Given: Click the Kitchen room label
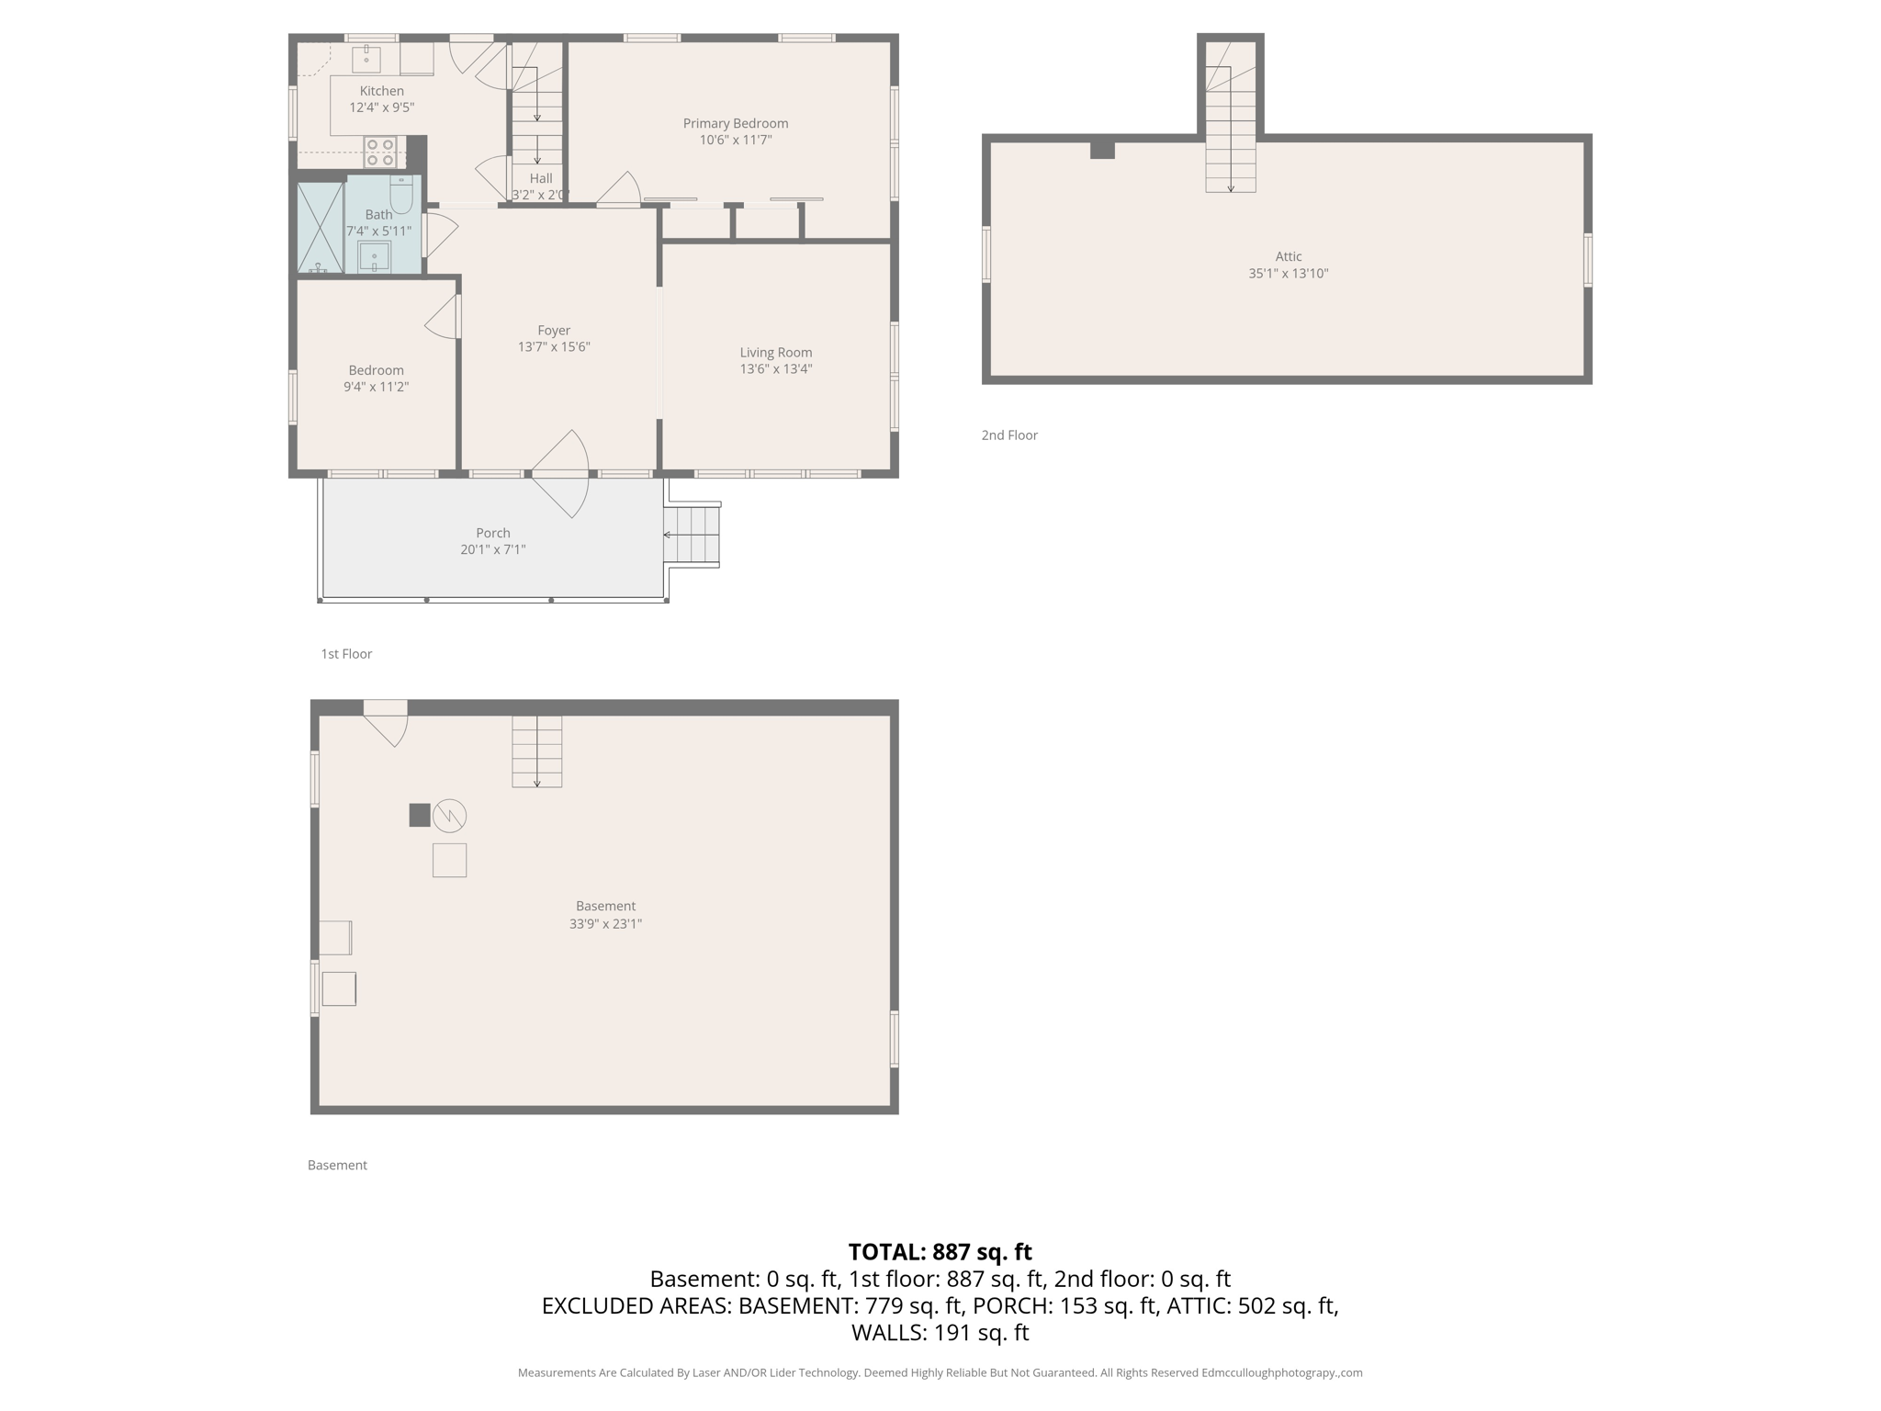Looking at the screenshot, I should [381, 91].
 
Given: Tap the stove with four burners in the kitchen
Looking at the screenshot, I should [380, 152].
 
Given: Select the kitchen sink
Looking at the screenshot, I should [366, 58].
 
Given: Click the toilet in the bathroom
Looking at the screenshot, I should [401, 194].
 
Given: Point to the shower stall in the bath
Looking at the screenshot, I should [320, 228].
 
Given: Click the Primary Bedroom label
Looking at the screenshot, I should [735, 123].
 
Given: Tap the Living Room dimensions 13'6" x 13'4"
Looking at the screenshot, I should [776, 369].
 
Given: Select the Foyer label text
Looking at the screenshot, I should [554, 331].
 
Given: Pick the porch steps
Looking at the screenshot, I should [693, 535].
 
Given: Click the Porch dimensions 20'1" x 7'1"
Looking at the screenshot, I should [492, 549].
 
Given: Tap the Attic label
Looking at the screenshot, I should [1288, 257].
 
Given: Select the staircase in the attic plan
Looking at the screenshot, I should [1231, 138].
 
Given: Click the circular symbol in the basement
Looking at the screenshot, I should [449, 815].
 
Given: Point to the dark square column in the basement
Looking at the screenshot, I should [420, 815].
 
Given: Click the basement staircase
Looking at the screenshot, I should [537, 751].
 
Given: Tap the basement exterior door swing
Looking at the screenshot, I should [387, 722].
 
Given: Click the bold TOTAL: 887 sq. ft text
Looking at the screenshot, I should [940, 1252].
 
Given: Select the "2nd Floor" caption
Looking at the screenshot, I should [1009, 435].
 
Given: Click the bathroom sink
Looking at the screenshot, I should [375, 256].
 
